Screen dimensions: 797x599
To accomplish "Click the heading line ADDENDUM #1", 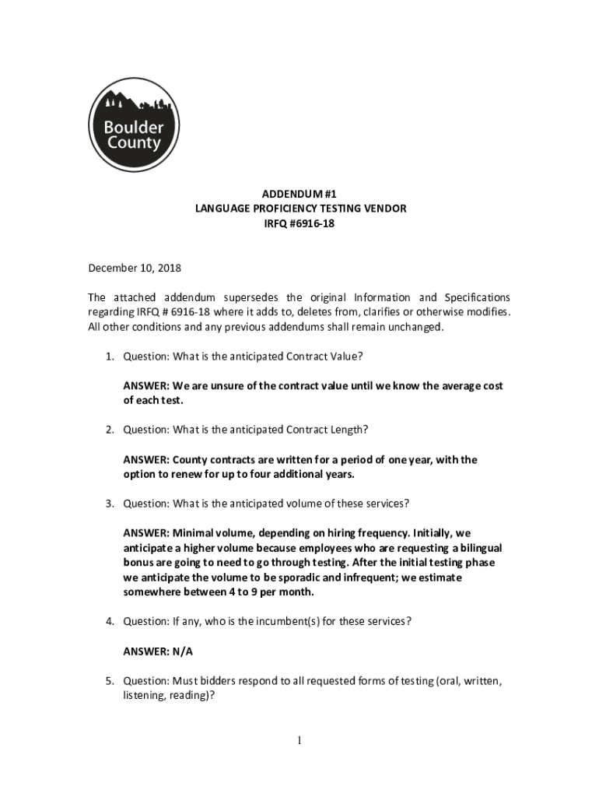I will (299, 194).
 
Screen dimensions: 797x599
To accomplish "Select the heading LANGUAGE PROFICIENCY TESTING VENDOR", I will (299, 209).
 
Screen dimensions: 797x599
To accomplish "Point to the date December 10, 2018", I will (134, 268).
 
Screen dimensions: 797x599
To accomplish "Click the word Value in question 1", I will (343, 356).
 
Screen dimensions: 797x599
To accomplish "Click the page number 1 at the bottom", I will (299, 741).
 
